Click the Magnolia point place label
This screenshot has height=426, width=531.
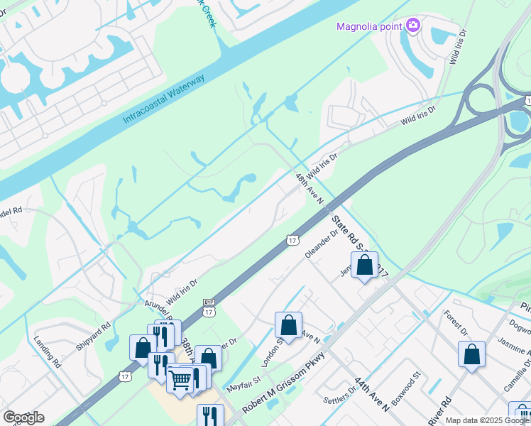coord(368,27)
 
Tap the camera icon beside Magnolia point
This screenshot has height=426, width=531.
coord(413,26)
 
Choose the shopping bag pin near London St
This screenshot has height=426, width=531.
coord(288,326)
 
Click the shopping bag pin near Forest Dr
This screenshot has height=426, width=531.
coord(471,355)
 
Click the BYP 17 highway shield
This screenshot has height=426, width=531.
coord(209,307)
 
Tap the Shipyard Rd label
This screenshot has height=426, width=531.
coord(92,337)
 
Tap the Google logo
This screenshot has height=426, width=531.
coord(24,417)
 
